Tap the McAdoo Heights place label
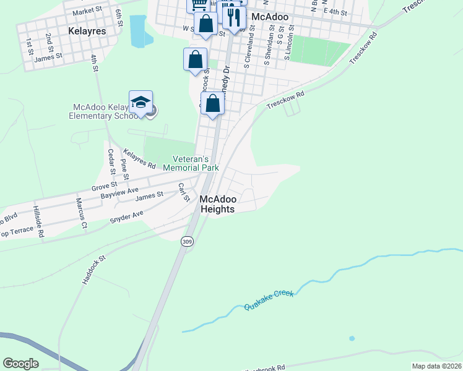coord(217,204)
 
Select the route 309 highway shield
coord(187,242)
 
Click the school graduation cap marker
coord(141,103)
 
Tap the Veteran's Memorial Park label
coord(191,163)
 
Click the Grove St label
coord(104,185)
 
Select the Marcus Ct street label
coord(81,213)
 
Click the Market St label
coord(87,12)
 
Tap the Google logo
coord(20,364)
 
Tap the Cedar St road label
coord(111,160)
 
